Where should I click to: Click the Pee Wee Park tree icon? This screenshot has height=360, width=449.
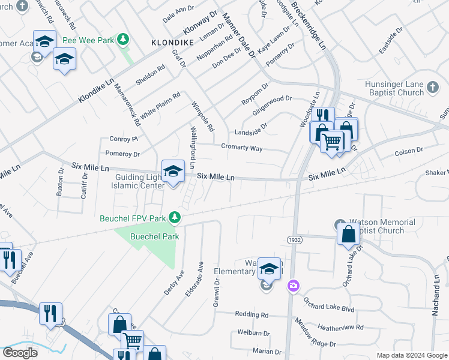click(123, 40)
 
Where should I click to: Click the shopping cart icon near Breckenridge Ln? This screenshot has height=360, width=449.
click(332, 142)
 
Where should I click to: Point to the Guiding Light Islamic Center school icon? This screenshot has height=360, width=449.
click(173, 170)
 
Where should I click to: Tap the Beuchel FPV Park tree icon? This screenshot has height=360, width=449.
click(175, 216)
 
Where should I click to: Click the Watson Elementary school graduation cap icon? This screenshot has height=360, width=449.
click(270, 269)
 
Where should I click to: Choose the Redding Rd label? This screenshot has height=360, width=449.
click(252, 314)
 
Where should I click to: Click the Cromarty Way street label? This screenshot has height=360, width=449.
click(241, 148)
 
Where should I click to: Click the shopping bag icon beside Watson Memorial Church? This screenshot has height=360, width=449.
click(349, 234)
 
